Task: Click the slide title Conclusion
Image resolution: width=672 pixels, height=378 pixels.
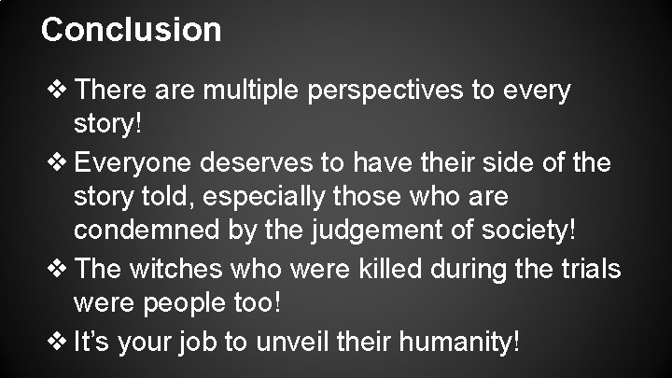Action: point(132,29)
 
